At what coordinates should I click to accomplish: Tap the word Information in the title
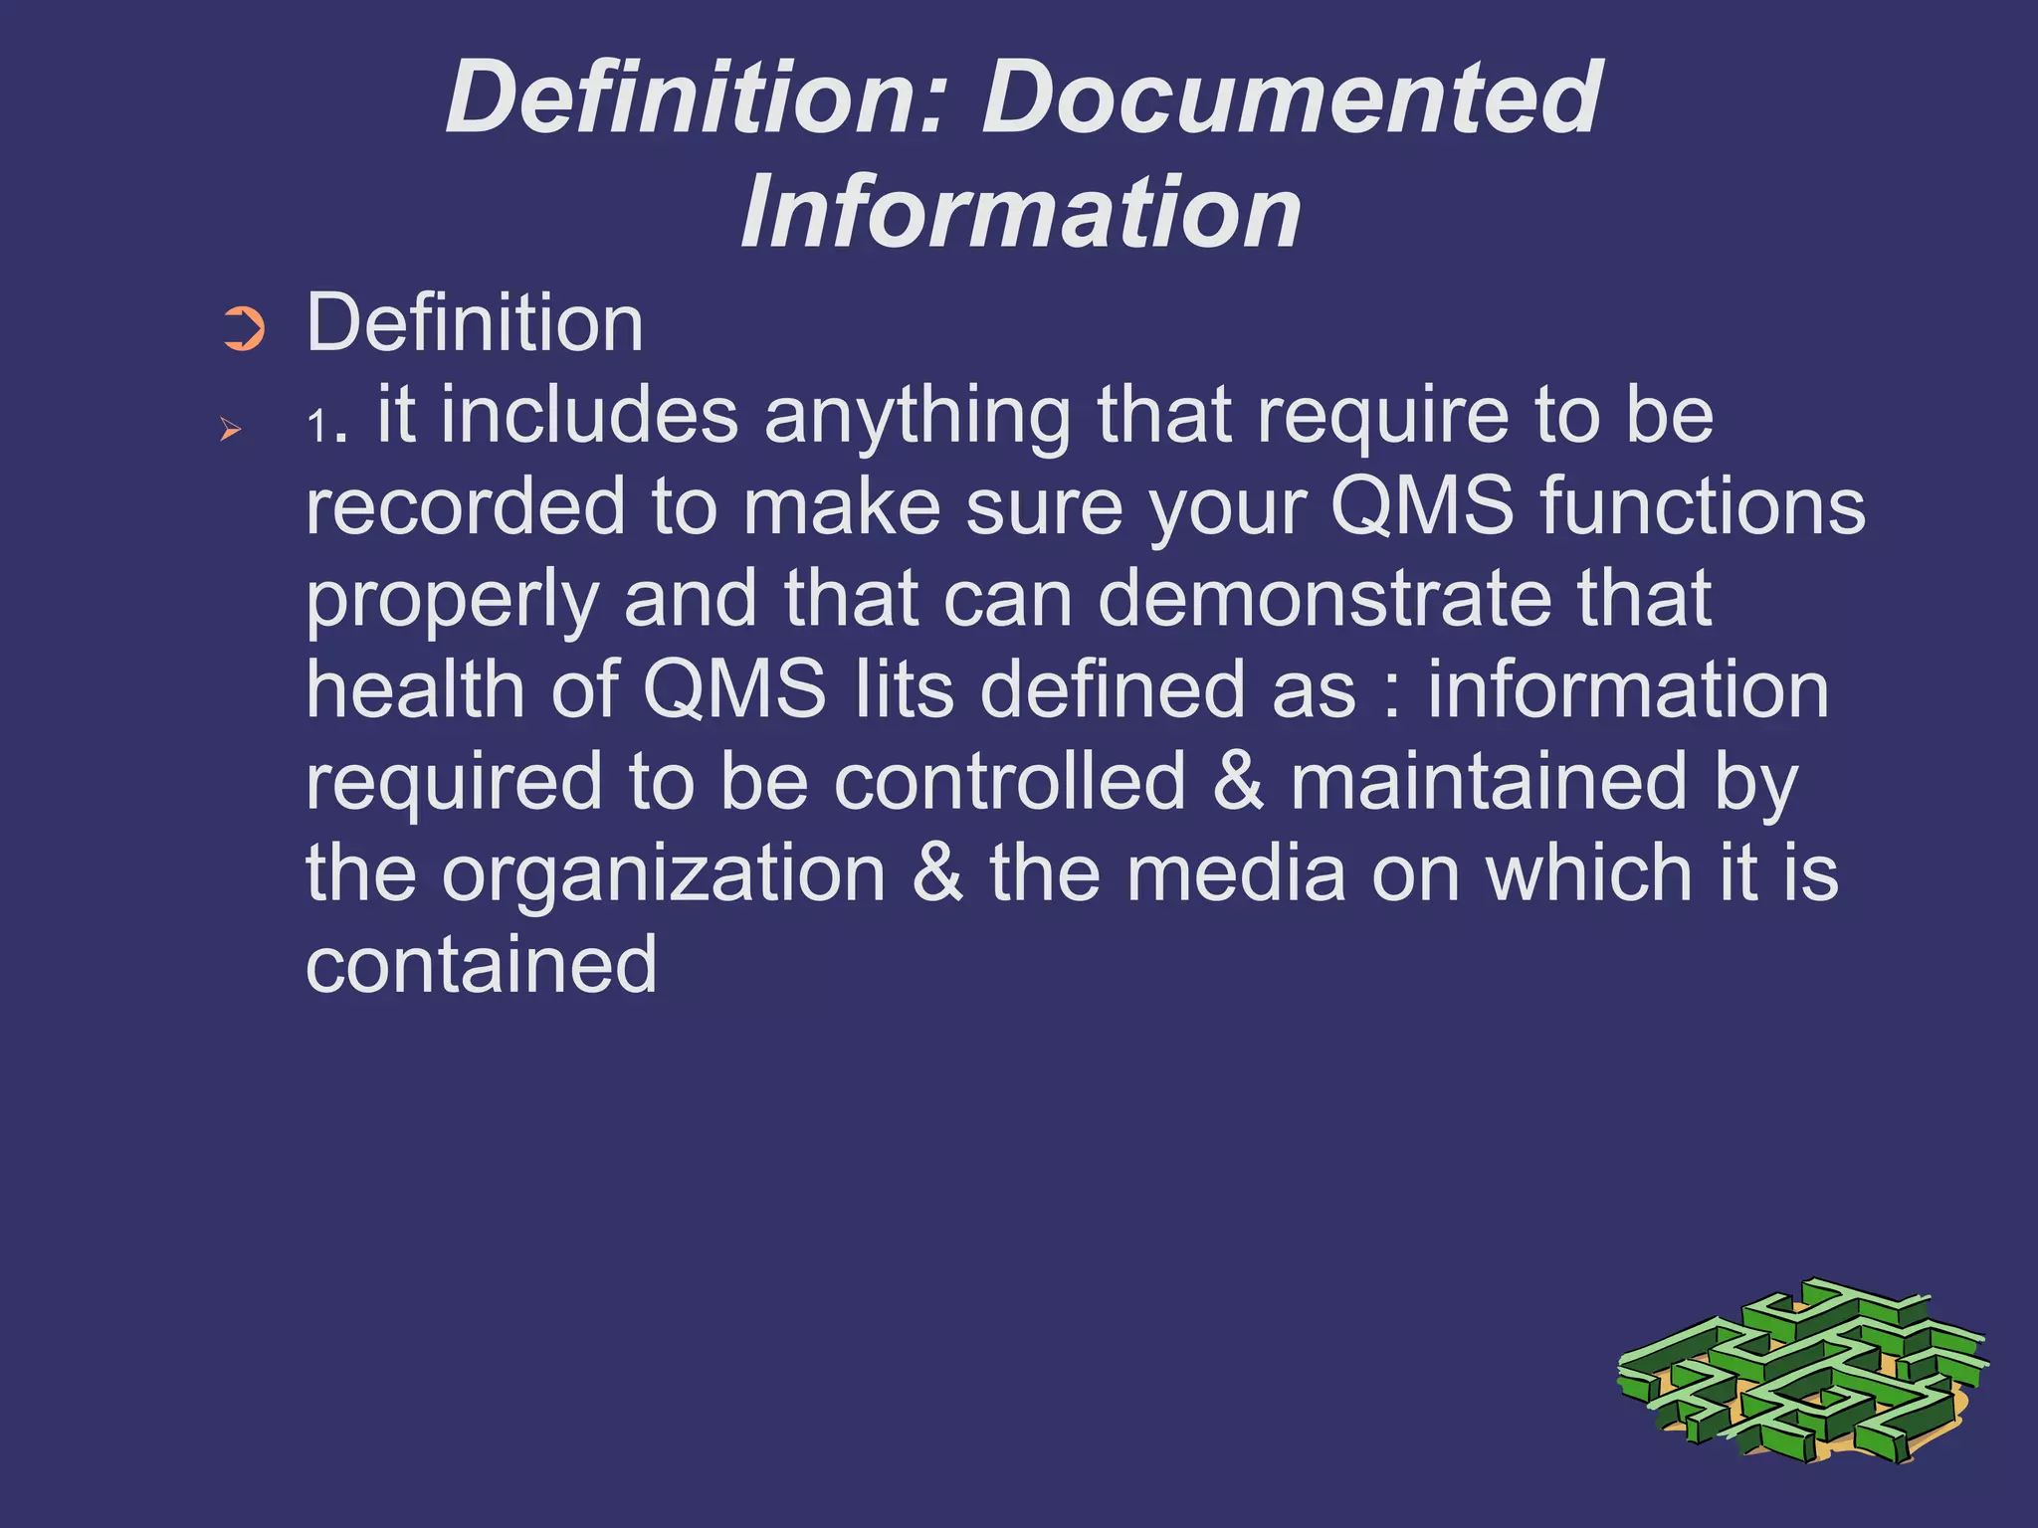(x=1021, y=212)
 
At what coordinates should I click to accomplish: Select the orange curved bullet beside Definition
(x=244, y=329)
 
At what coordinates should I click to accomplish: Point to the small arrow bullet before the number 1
(x=231, y=430)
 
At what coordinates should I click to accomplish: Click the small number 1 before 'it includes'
(x=317, y=428)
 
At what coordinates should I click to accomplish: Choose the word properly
(x=452, y=600)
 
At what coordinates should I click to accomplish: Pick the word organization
(x=664, y=874)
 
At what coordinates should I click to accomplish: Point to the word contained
(x=481, y=964)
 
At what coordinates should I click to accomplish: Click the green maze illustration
(x=1801, y=1372)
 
